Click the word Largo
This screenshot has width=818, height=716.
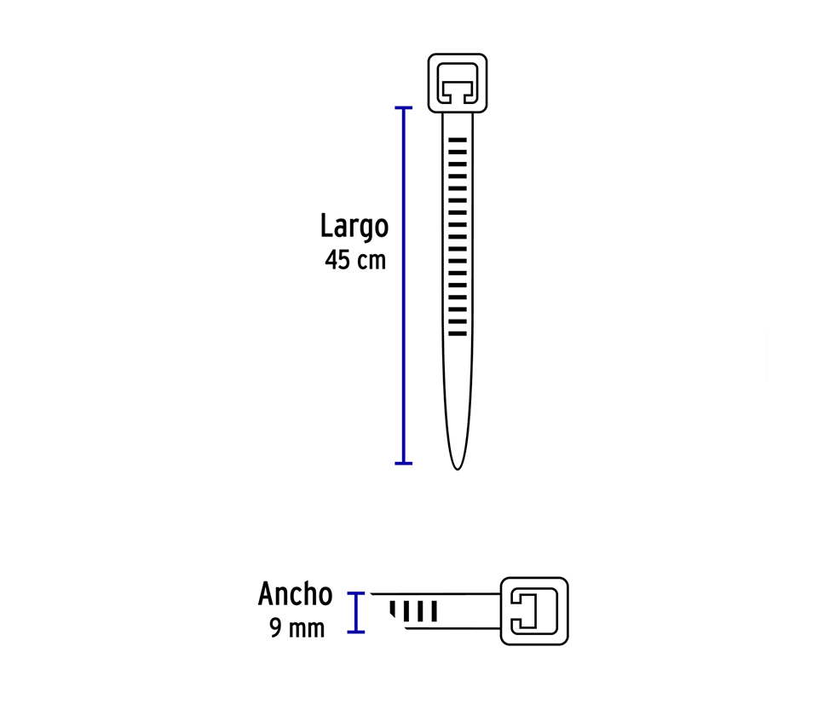tap(354, 227)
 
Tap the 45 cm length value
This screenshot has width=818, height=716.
tap(354, 260)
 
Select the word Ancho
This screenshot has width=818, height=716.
tap(295, 594)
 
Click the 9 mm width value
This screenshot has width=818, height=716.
tap(297, 629)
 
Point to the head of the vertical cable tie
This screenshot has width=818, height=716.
tap(458, 82)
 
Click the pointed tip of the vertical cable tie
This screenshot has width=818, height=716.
tap(458, 465)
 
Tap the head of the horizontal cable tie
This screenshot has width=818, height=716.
tap(534, 610)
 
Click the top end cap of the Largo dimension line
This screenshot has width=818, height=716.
tap(403, 108)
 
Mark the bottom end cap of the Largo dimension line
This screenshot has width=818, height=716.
tap(403, 463)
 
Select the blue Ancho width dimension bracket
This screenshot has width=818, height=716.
tap(356, 612)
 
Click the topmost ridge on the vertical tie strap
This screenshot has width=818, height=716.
tap(458, 138)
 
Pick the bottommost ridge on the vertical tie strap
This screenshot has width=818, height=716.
tap(458, 332)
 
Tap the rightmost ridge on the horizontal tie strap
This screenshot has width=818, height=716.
tap(434, 611)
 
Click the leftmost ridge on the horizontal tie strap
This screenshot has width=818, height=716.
tap(394, 609)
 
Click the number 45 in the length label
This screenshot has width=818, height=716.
tap(337, 260)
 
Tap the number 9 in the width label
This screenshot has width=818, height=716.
tap(275, 629)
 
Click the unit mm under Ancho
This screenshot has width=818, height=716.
tap(306, 629)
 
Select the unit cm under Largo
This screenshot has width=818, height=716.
tap(371, 260)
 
